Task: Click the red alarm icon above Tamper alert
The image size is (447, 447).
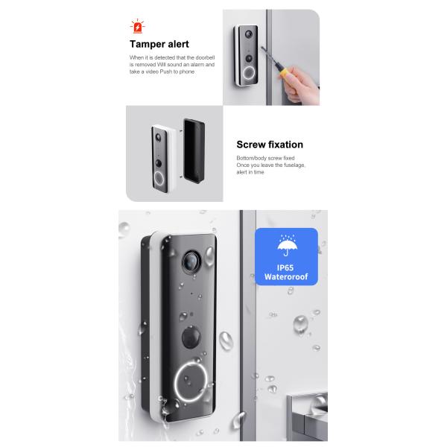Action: tap(138, 28)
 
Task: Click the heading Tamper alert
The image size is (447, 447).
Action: tap(159, 44)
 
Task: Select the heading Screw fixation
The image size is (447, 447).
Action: tap(270, 145)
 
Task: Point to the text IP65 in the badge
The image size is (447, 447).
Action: tap(286, 266)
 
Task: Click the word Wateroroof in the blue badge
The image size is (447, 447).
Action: tap(286, 277)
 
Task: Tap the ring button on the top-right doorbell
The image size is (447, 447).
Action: tap(247, 74)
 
